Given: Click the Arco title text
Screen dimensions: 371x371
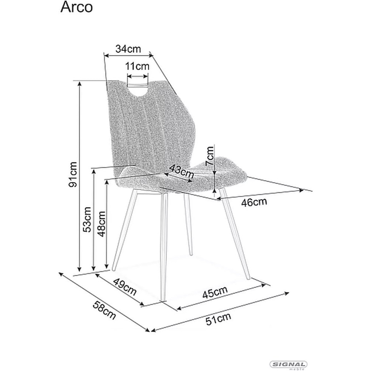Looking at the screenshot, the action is (76, 7).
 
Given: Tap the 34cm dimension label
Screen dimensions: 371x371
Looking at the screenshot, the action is (128, 49).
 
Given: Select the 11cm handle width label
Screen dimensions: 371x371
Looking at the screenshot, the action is (137, 66).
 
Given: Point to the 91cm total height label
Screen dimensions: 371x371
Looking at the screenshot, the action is (73, 175).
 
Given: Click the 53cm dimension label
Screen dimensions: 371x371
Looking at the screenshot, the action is (87, 220).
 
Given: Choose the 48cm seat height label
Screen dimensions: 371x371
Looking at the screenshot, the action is (102, 224).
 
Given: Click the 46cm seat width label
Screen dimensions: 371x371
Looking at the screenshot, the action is (254, 202).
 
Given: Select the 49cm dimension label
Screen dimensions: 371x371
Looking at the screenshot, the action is (125, 287).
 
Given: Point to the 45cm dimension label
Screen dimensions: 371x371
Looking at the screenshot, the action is (215, 292).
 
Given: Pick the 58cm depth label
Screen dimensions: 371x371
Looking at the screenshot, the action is (104, 311).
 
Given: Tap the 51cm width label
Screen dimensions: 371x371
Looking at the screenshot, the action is (218, 319).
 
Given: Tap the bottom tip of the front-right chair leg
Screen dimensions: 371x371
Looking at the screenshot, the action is (249, 279).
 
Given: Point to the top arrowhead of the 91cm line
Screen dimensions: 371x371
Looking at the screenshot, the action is (80, 83).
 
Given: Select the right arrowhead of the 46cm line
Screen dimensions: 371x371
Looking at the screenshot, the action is (301, 190).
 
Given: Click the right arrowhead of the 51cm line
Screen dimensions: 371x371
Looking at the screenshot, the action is (287, 293).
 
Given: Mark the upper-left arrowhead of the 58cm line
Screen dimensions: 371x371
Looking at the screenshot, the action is (61, 274).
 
